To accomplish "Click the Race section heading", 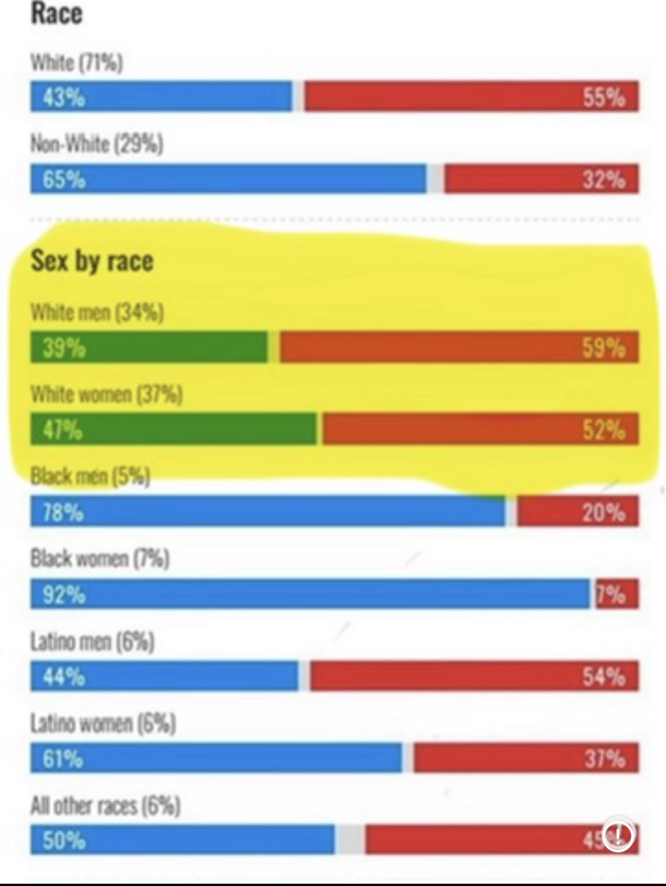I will (56, 14).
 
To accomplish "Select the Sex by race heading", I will (92, 261).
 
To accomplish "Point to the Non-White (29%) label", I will (97, 144).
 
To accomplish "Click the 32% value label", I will (603, 180).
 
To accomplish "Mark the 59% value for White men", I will (603, 347).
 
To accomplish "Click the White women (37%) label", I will (106, 394).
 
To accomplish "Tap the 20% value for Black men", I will (603, 513).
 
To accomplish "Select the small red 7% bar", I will (616, 594).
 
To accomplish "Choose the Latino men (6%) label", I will (92, 641).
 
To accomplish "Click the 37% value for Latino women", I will (603, 758).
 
